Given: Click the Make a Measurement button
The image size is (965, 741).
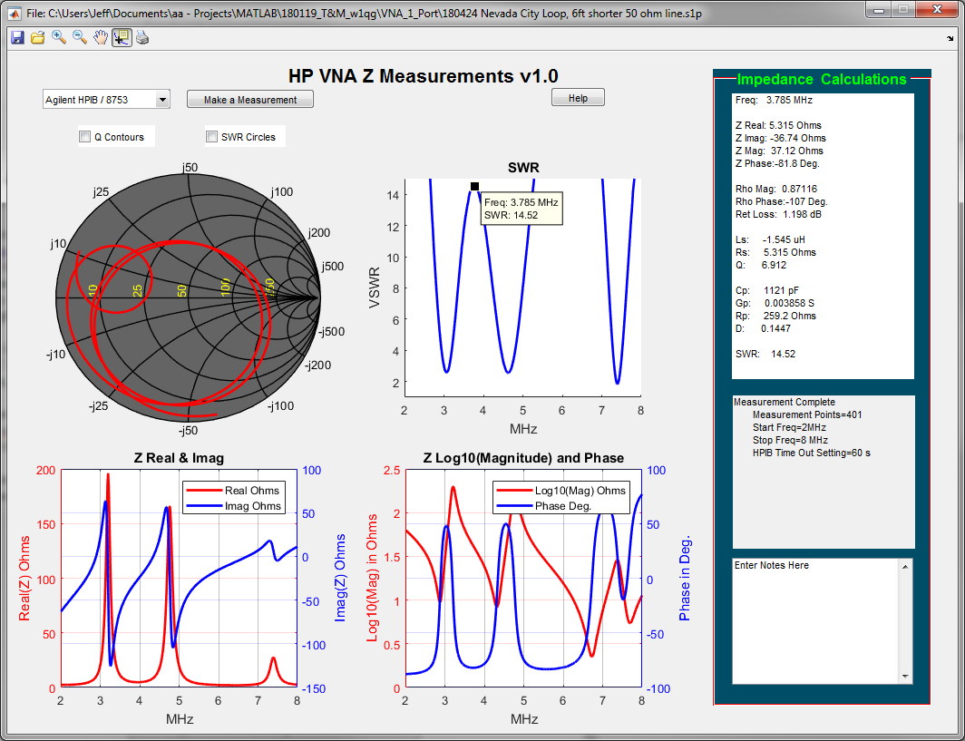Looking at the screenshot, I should click(x=250, y=100).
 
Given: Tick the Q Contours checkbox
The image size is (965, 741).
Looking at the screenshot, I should click(x=85, y=137).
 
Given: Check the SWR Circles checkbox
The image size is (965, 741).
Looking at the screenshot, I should click(x=212, y=137).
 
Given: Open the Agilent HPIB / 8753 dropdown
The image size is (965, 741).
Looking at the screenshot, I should click(x=162, y=100).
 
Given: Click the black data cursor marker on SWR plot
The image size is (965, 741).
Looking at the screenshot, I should click(x=474, y=186).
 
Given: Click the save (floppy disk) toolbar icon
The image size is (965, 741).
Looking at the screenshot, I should click(x=17, y=37).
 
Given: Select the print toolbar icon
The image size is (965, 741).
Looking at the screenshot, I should click(x=142, y=37).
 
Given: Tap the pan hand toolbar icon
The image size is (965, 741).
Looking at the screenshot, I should click(x=101, y=37).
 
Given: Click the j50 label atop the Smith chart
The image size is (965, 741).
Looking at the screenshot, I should click(x=190, y=167).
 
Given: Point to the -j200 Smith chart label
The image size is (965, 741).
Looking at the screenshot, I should click(x=317, y=365).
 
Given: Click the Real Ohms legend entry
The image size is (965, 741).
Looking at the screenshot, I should click(x=251, y=491).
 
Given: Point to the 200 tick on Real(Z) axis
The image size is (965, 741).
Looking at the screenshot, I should click(x=44, y=470).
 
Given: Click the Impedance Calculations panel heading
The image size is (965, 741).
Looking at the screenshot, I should click(x=822, y=80).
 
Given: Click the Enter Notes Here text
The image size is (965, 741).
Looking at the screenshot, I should click(x=771, y=565).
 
